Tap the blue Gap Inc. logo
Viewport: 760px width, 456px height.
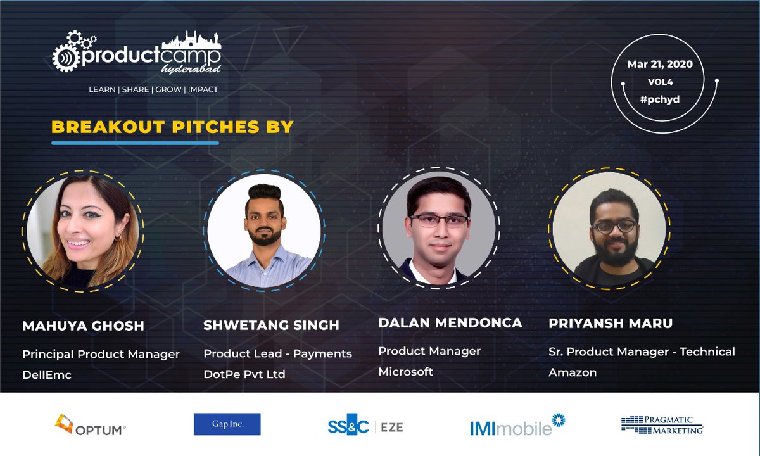(x=227, y=424)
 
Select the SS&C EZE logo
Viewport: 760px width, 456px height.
(x=365, y=426)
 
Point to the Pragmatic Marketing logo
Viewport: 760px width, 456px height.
(x=662, y=425)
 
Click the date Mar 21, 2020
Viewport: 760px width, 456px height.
(x=659, y=64)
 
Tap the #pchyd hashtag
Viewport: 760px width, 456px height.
(x=659, y=99)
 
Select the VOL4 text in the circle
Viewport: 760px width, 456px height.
(x=659, y=82)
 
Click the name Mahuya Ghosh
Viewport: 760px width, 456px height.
(x=83, y=326)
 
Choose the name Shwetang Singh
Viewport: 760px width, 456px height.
(x=271, y=326)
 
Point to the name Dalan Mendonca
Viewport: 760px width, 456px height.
(x=450, y=323)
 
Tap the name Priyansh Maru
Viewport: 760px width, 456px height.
(x=610, y=324)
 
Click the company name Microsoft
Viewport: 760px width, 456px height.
(x=405, y=372)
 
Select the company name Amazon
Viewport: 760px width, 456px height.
(x=572, y=372)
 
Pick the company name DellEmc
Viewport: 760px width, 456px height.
(x=47, y=375)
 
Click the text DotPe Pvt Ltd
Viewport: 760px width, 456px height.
(x=244, y=374)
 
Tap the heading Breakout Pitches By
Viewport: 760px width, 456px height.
(x=172, y=127)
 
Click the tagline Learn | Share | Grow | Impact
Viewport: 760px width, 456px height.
(x=153, y=89)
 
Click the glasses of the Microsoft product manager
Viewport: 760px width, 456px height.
(x=439, y=220)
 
